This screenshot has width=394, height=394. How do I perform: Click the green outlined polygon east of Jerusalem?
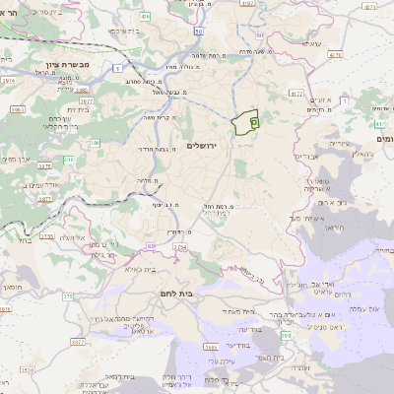point(245,123)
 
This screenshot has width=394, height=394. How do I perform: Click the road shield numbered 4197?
point(247,5)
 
